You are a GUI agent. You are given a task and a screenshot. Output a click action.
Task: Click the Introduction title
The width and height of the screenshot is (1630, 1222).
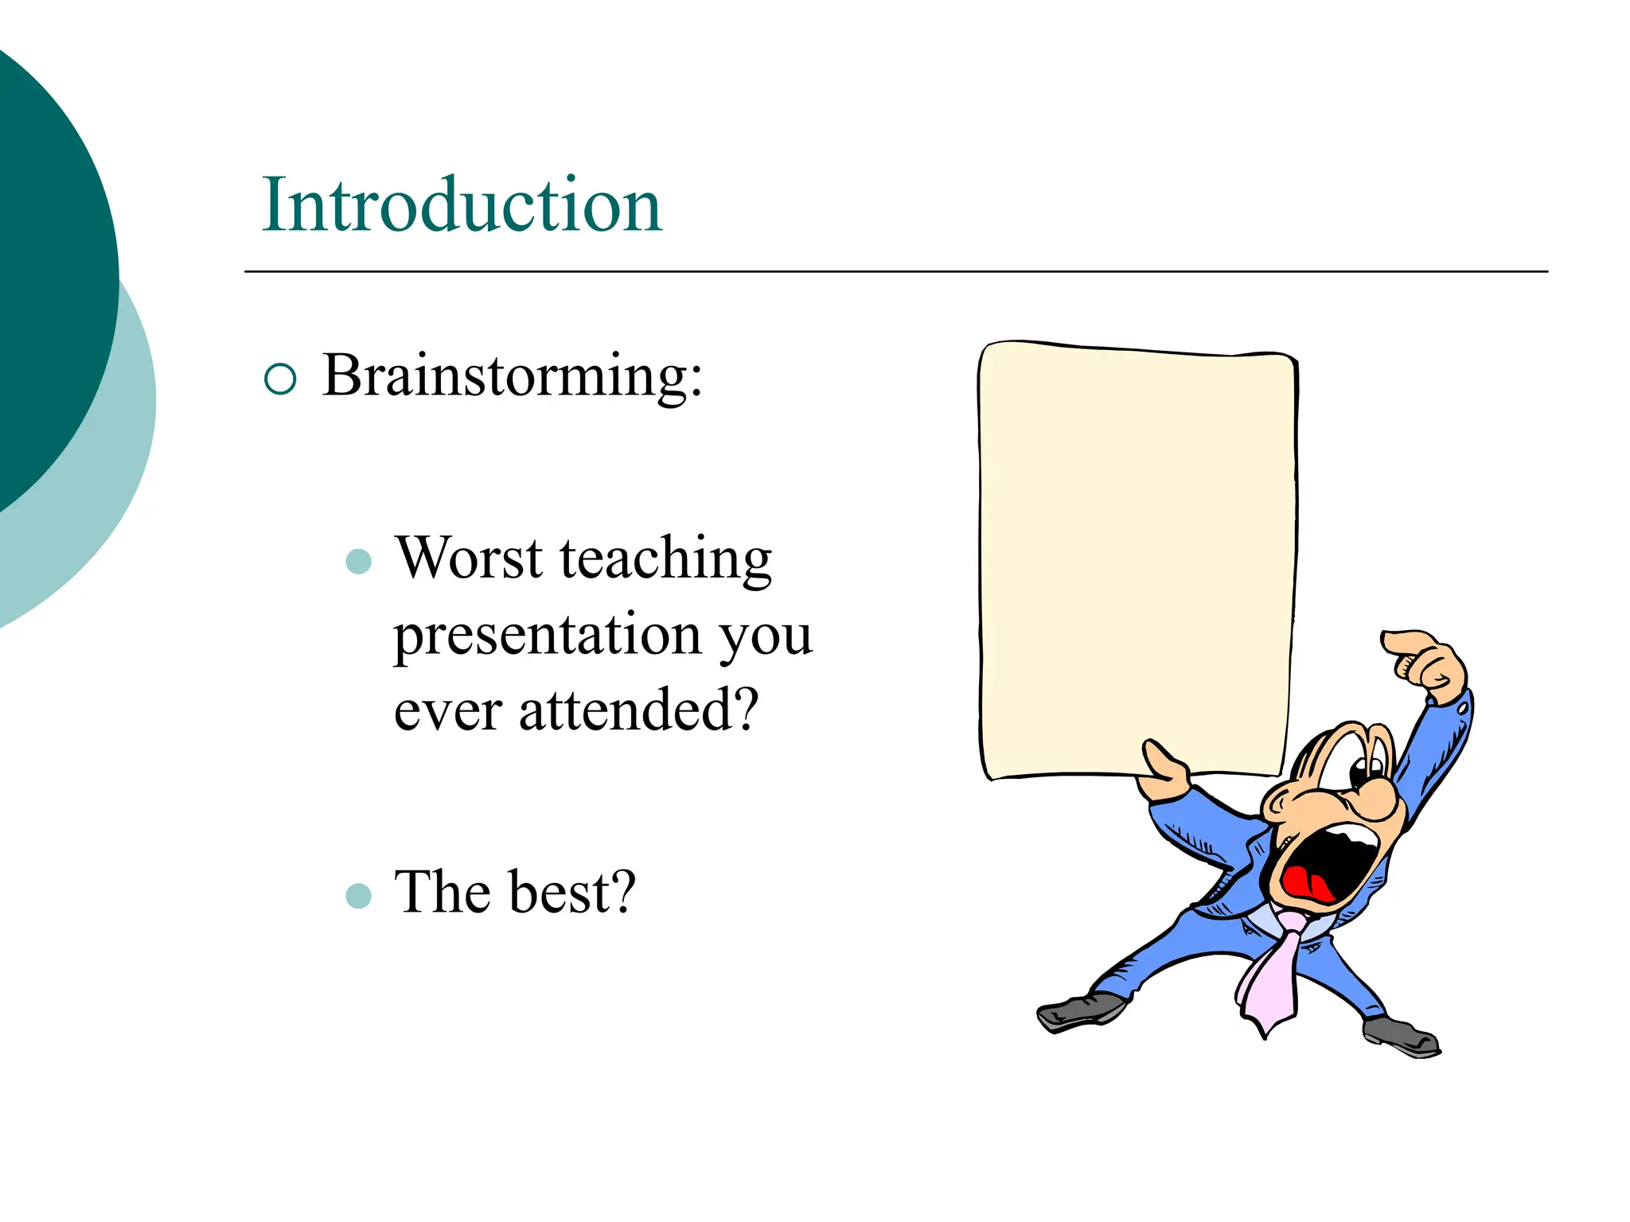(462, 205)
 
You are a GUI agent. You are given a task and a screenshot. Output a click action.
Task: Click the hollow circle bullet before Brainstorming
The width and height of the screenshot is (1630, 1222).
(280, 379)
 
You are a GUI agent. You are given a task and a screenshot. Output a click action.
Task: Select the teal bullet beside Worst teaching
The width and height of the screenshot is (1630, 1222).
(359, 562)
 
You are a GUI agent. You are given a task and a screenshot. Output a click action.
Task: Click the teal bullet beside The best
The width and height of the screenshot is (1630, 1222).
(359, 896)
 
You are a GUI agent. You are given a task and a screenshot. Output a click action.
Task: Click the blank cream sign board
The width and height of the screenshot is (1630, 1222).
(1137, 557)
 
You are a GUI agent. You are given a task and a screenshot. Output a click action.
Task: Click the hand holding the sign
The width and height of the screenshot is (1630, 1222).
(1164, 776)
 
